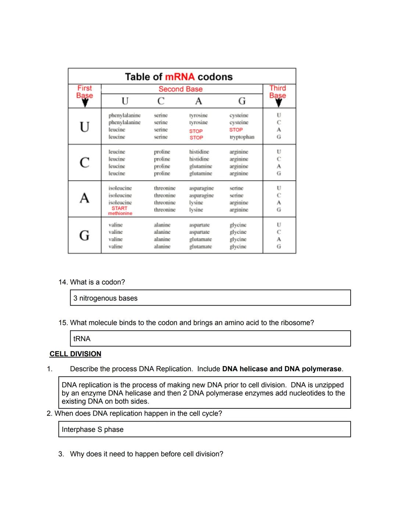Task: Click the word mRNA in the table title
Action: (180, 77)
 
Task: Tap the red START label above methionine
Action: (119, 208)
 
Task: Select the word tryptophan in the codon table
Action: (242, 137)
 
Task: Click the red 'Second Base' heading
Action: (180, 89)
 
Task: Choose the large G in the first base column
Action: (85, 235)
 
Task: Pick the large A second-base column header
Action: (198, 101)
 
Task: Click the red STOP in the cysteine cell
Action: (236, 130)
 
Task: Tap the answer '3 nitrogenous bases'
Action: (105, 298)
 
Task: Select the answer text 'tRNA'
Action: (82, 339)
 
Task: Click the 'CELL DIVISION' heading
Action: (75, 354)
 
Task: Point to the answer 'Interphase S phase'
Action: (93, 429)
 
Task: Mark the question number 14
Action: (63, 282)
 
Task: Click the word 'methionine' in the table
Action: (120, 213)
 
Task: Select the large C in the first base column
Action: (85, 162)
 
